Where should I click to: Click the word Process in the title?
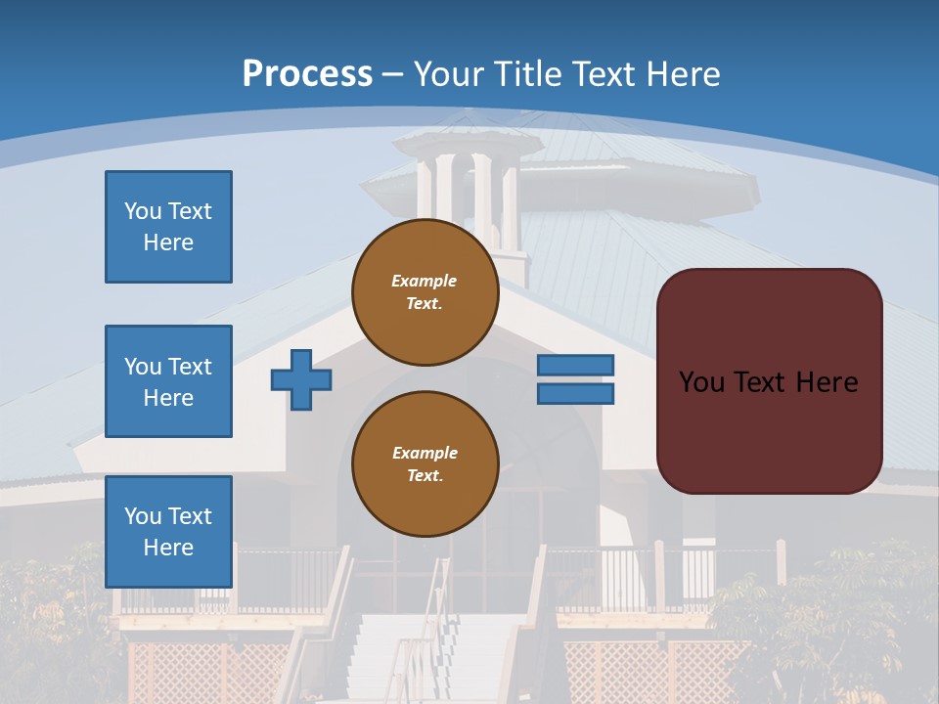[307, 73]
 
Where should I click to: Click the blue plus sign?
[301, 379]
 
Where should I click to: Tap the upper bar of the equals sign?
[576, 366]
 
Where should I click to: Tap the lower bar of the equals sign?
[576, 394]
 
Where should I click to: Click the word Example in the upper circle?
[425, 281]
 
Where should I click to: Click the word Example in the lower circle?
[425, 453]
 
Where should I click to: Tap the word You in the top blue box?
[143, 211]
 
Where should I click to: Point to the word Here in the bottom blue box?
[168, 548]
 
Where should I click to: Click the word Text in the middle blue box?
[189, 367]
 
